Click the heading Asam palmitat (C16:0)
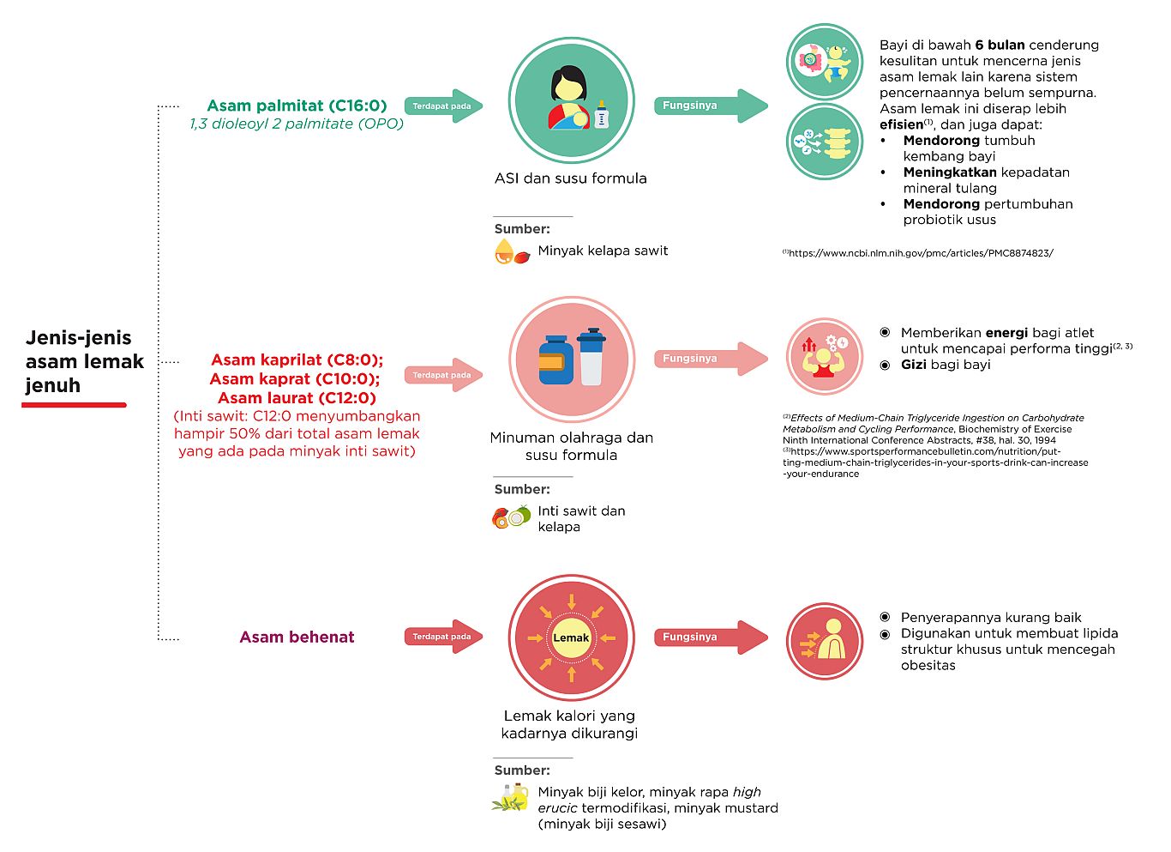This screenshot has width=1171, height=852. click(297, 106)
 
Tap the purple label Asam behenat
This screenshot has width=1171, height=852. click(297, 637)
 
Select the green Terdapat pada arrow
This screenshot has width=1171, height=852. click(443, 106)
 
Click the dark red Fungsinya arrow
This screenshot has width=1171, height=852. click(711, 637)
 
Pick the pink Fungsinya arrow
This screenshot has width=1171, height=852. click(711, 359)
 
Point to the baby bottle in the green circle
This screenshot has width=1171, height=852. click(602, 115)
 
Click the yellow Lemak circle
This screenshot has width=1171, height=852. click(572, 638)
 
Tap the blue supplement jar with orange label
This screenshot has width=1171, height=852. click(555, 360)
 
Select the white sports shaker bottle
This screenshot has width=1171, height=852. click(592, 357)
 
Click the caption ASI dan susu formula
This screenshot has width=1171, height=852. click(571, 178)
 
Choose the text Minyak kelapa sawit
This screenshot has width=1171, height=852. click(603, 251)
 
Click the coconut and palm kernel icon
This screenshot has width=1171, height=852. click(511, 517)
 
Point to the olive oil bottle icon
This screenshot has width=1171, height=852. click(511, 798)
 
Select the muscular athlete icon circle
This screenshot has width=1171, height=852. click(825, 356)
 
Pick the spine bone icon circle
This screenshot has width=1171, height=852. click(825, 142)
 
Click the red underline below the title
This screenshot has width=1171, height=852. click(74, 404)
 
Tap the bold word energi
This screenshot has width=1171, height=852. click(1007, 334)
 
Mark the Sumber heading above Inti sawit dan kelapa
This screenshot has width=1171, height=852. click(522, 489)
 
